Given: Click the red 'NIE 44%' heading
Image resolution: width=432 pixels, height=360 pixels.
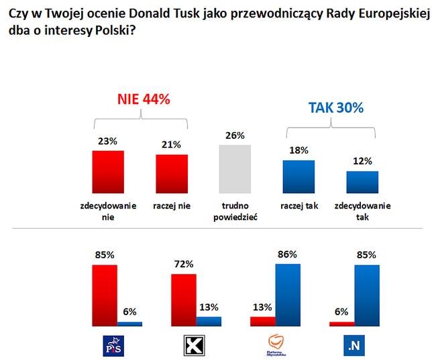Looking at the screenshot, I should [144, 99].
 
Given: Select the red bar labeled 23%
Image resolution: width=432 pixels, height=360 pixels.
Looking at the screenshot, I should [107, 172].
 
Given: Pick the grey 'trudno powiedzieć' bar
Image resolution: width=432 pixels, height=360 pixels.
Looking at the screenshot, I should [235, 169].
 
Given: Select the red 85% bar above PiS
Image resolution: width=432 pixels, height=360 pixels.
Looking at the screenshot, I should [104, 295].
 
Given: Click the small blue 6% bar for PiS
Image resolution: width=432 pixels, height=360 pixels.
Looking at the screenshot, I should [129, 324].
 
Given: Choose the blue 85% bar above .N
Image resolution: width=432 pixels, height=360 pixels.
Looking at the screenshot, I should [367, 295].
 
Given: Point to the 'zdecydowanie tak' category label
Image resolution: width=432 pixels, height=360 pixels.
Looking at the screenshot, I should [362, 211].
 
